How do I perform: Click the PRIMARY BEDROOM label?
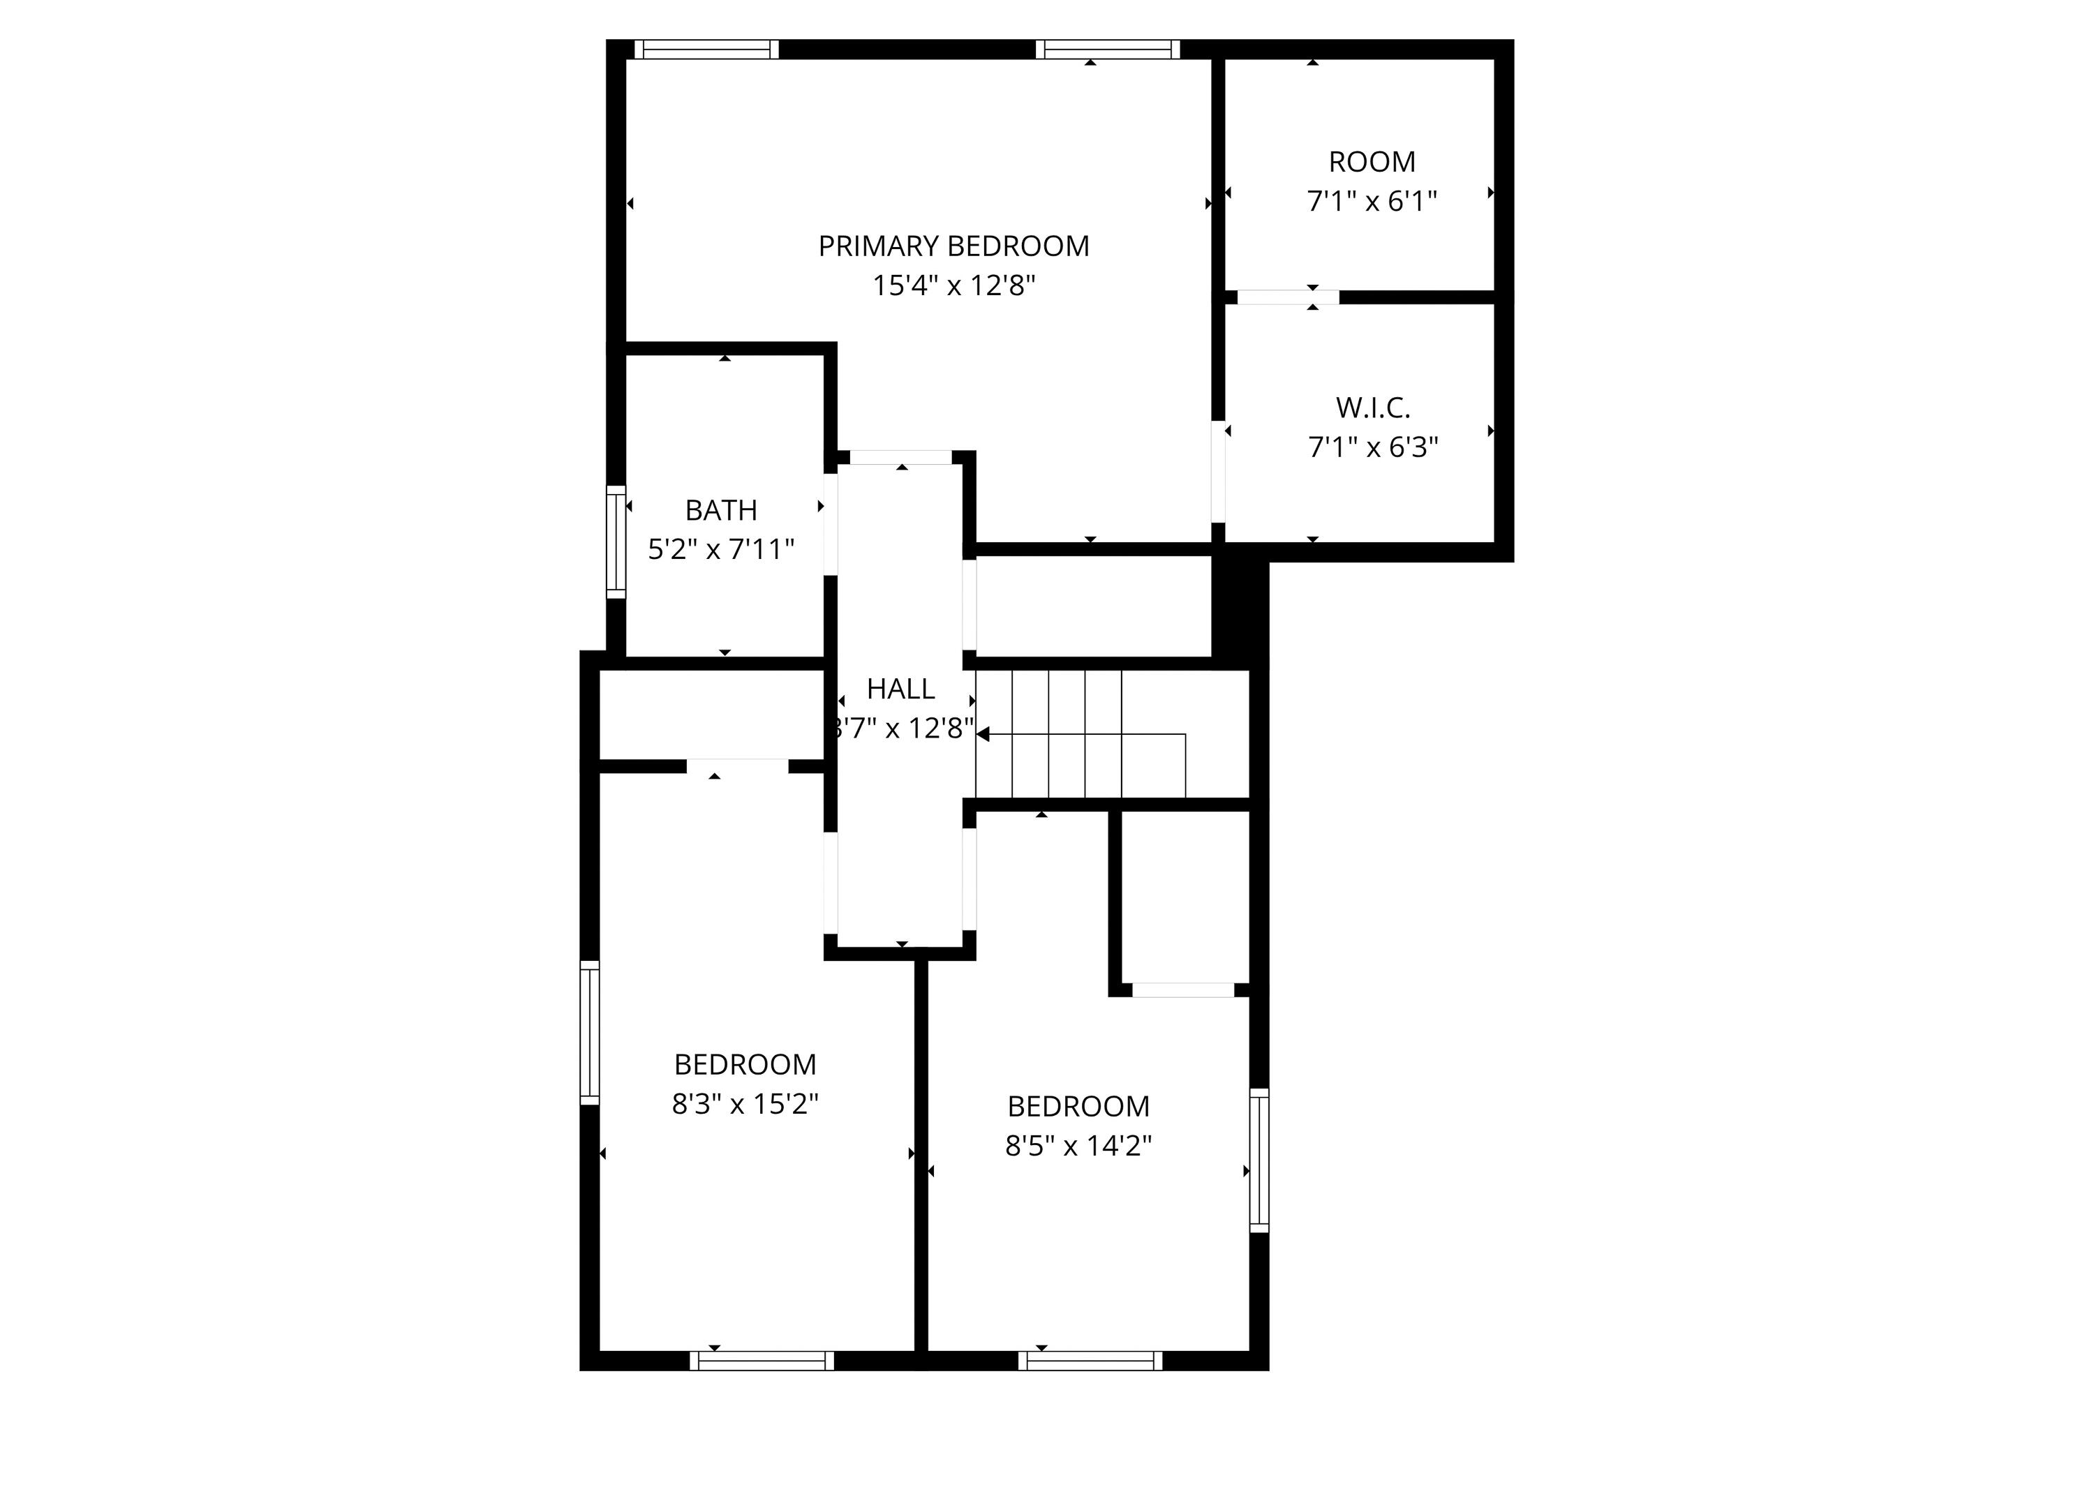(953, 246)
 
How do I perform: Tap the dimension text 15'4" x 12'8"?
(953, 286)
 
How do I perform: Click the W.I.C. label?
(1372, 408)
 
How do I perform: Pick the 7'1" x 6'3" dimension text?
(1372, 448)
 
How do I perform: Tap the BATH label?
(720, 511)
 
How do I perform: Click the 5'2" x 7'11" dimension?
(720, 550)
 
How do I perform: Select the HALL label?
(900, 689)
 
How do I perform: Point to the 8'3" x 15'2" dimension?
(744, 1104)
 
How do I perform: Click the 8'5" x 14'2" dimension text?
(1078, 1146)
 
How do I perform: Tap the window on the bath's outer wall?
(616, 542)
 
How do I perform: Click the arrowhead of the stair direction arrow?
(983, 735)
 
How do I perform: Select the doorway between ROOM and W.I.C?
(1287, 297)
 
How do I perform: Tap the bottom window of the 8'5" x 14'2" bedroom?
(1090, 1361)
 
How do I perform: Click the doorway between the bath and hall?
(831, 523)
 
